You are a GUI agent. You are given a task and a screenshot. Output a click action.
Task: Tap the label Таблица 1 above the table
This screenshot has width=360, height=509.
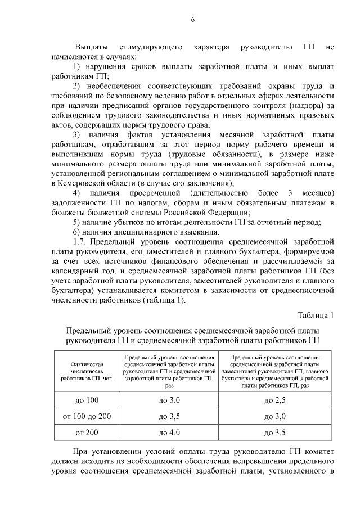pyautogui.click(x=315, y=315)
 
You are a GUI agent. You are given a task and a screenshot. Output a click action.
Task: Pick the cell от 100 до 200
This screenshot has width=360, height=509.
pyautogui.click(x=87, y=416)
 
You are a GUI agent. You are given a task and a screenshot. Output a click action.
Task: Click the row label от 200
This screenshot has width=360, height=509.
pyautogui.click(x=87, y=433)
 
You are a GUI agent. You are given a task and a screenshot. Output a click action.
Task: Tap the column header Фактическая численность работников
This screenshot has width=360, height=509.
pyautogui.click(x=87, y=372)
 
